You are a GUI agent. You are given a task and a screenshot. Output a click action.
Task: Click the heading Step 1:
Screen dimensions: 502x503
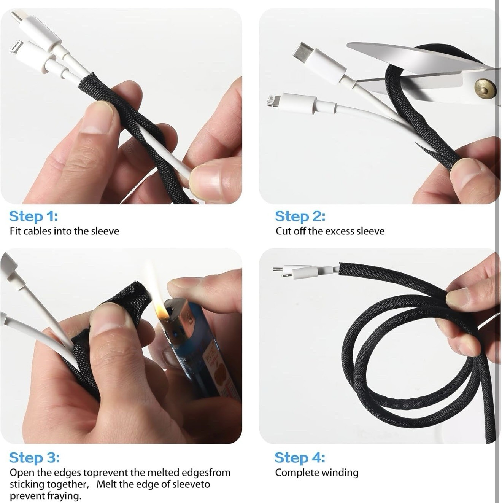33,216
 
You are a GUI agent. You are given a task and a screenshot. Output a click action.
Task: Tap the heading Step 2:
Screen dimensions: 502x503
300,216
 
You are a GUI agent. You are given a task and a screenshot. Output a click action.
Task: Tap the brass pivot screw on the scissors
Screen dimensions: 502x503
485,89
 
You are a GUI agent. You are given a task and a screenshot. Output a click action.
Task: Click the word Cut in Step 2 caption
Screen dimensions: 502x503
283,231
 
